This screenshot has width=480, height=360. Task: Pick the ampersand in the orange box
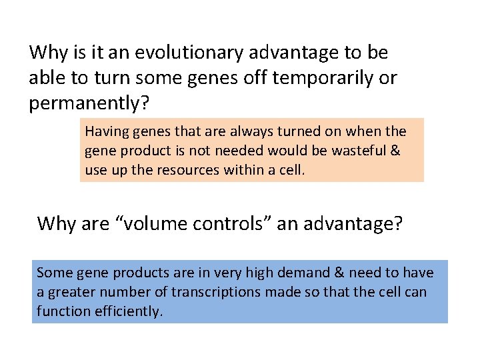point(395,151)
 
